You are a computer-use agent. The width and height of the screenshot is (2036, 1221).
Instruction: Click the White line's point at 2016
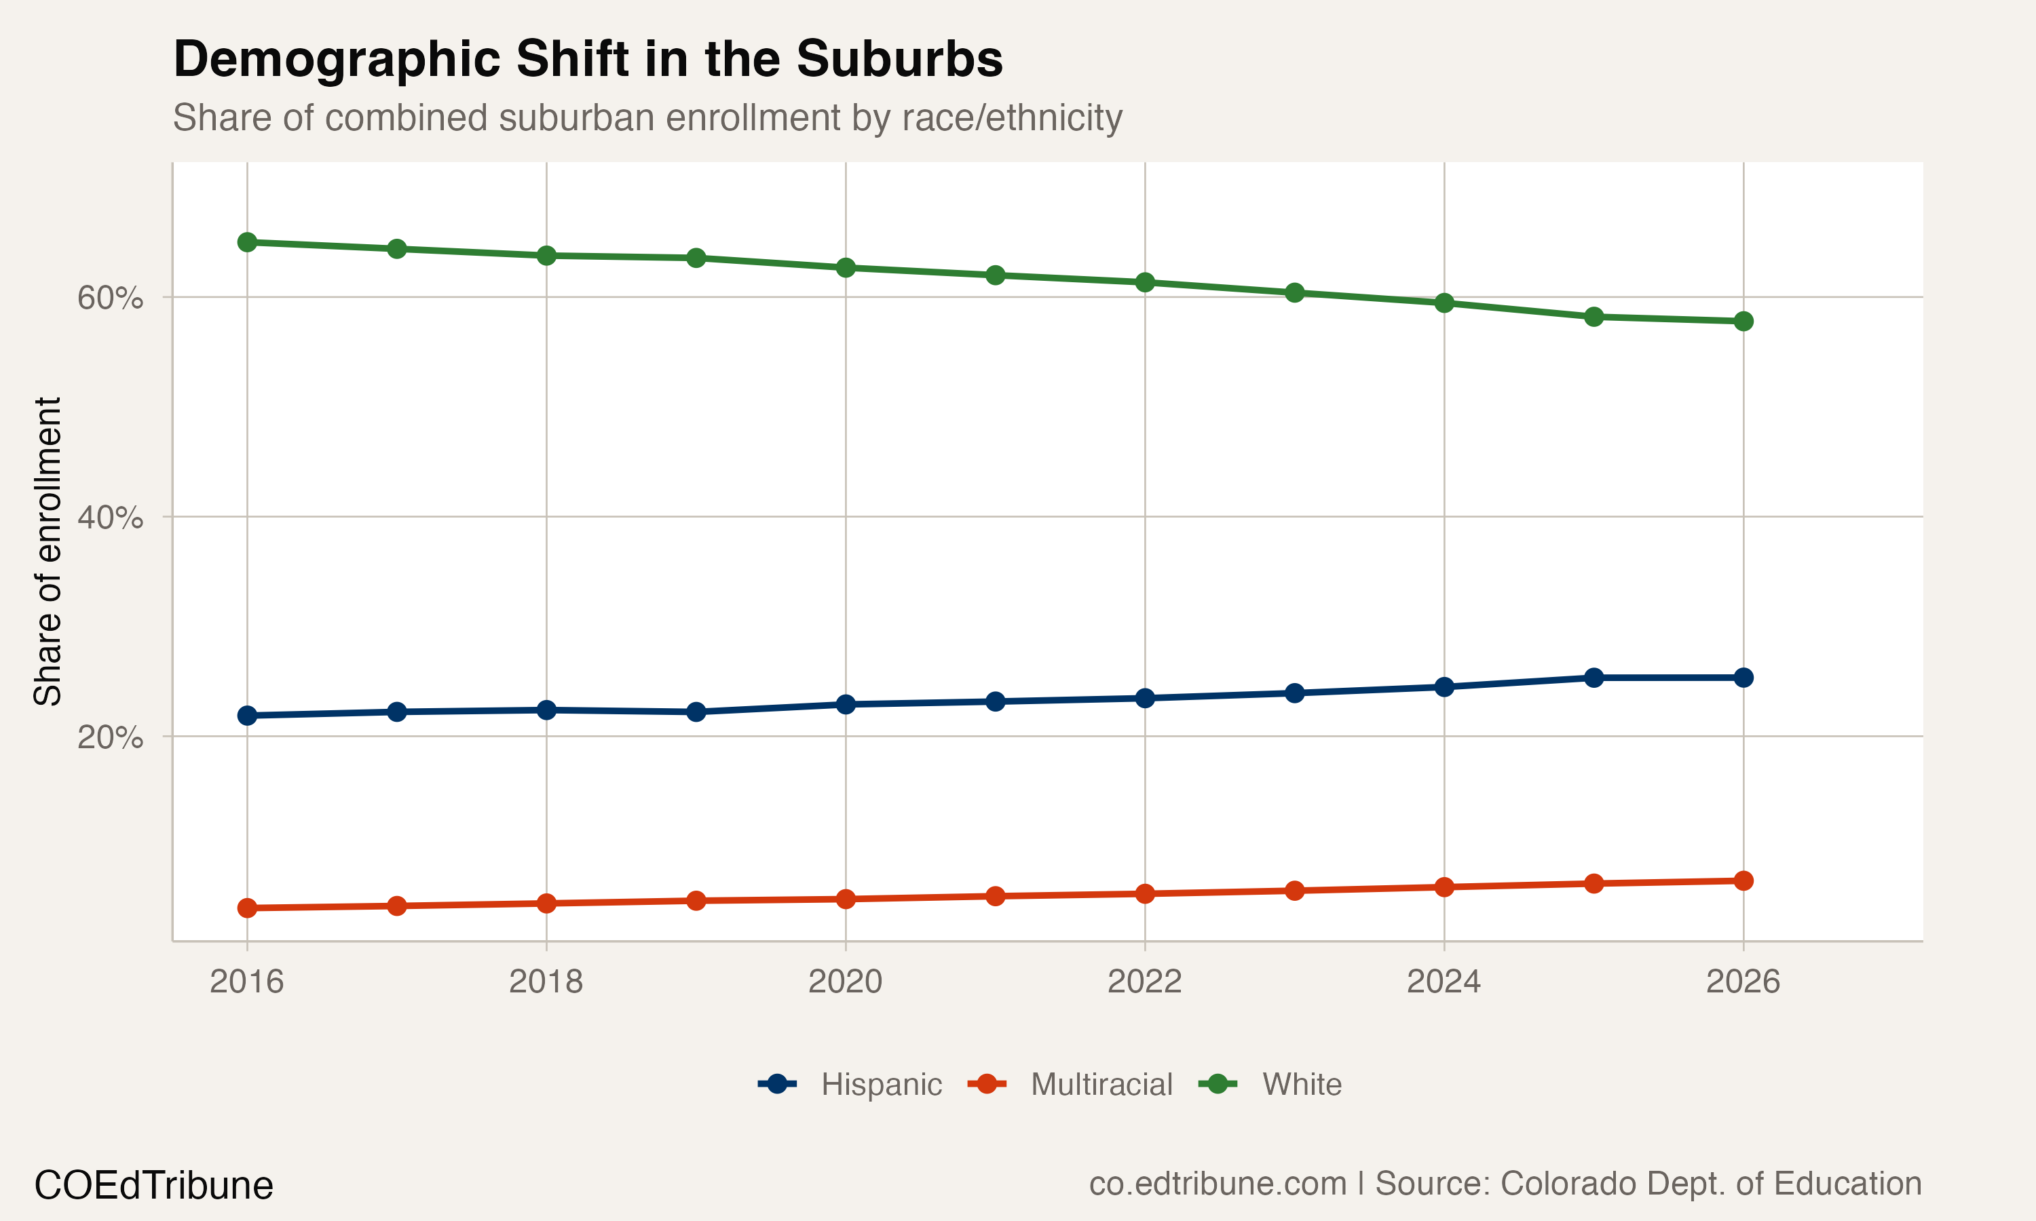[x=247, y=242]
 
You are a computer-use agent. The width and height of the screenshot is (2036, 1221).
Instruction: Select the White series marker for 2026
[x=1743, y=321]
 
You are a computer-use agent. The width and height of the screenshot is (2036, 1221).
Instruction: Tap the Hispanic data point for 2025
[x=1594, y=678]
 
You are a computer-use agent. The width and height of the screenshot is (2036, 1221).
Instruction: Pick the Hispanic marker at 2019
[x=696, y=712]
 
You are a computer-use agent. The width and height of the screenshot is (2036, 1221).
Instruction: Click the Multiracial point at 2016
[x=247, y=908]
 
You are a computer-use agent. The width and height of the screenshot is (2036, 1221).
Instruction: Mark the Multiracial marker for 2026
[x=1743, y=881]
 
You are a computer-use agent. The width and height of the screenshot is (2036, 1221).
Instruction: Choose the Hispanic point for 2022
[x=1145, y=699]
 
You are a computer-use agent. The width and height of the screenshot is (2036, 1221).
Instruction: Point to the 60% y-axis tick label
[x=109, y=298]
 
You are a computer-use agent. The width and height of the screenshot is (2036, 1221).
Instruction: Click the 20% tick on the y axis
[x=109, y=737]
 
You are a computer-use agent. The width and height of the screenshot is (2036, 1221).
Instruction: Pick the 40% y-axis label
[x=109, y=518]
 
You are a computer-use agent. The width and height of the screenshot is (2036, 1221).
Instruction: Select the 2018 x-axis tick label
[x=546, y=982]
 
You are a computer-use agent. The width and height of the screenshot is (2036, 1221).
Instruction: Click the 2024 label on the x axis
[x=1444, y=982]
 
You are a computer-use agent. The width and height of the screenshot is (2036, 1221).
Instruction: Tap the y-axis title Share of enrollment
[x=48, y=551]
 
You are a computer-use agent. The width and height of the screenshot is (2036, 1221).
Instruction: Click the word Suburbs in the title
[x=899, y=59]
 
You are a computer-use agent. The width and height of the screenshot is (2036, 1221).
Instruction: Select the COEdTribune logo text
[x=153, y=1186]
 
